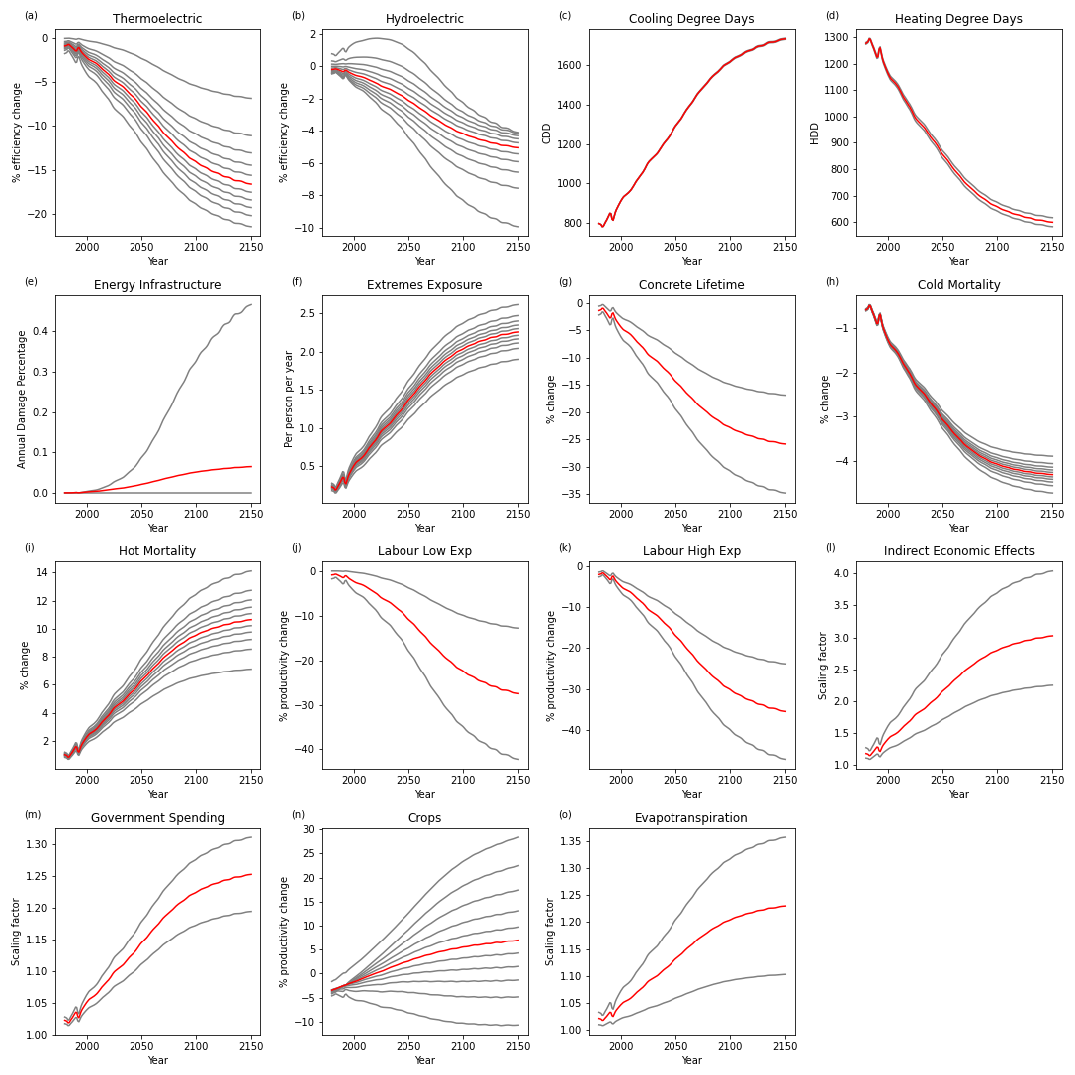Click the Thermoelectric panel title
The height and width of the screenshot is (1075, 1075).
(x=157, y=19)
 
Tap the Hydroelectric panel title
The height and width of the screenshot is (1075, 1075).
(x=424, y=19)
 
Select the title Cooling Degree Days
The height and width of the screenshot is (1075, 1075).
(x=691, y=19)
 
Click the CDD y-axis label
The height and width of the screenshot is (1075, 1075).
(x=547, y=133)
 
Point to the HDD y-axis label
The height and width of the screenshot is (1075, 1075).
(x=814, y=133)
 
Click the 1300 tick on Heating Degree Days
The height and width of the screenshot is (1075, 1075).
(x=838, y=39)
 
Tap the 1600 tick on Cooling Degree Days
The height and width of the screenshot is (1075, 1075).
(x=571, y=65)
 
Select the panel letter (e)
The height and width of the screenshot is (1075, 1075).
(x=31, y=282)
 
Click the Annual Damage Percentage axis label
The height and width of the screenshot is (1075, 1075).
(x=22, y=399)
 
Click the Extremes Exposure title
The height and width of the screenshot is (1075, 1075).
(x=424, y=285)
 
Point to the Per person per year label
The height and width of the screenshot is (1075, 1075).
(x=289, y=399)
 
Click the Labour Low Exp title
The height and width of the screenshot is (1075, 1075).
(x=424, y=551)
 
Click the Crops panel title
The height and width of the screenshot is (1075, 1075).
(x=424, y=818)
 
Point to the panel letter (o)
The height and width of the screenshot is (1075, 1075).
(x=565, y=815)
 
